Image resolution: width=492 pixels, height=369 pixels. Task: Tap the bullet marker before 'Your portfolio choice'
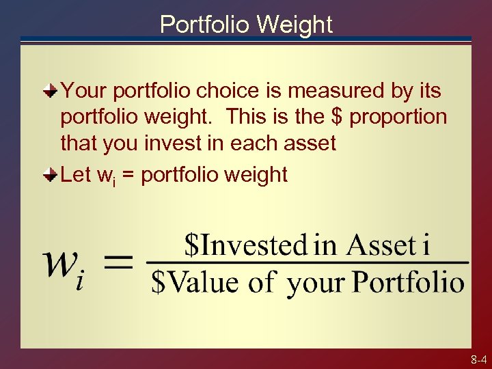(x=51, y=90)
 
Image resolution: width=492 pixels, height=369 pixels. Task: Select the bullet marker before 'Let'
(x=51, y=175)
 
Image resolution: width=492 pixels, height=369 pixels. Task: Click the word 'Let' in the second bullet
(x=77, y=175)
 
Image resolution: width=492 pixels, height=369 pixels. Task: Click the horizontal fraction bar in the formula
(x=307, y=263)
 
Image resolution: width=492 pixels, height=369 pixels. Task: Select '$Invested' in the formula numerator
(x=247, y=245)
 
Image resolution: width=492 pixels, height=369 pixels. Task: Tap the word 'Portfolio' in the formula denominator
(x=409, y=282)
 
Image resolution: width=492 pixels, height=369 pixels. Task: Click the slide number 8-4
(x=478, y=359)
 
